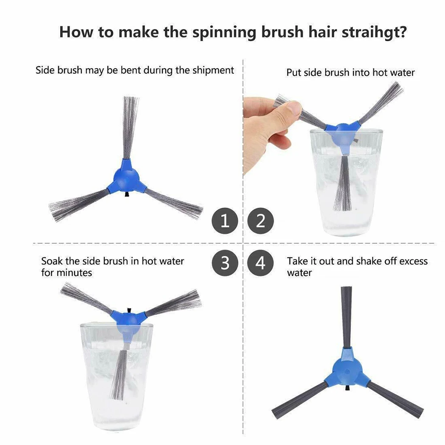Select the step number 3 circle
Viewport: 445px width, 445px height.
(x=225, y=263)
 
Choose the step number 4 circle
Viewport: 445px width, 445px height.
(x=261, y=263)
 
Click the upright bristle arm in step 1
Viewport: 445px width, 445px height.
(x=130, y=127)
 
